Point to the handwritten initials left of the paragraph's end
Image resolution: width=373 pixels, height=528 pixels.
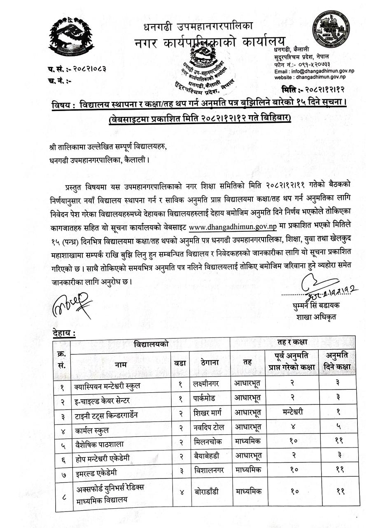(70, 304)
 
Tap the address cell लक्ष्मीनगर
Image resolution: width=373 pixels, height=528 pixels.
(205, 384)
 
